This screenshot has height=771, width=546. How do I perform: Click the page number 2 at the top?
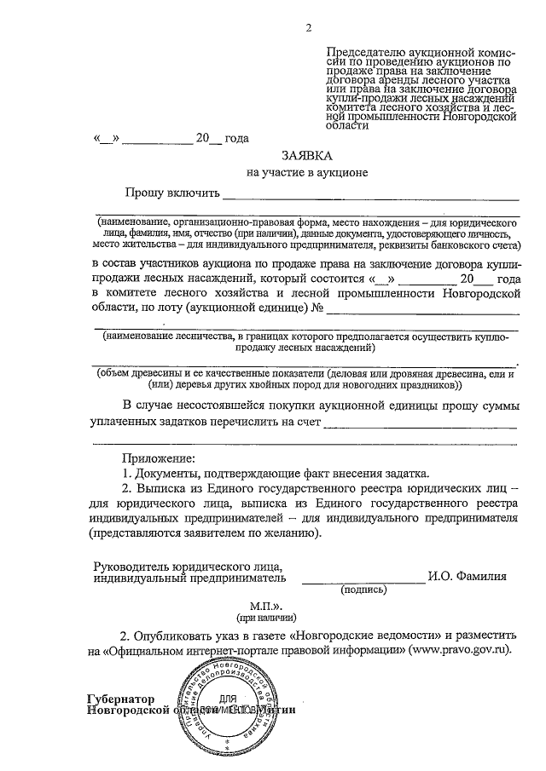pos(308,31)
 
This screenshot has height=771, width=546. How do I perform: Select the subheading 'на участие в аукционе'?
pos(307,173)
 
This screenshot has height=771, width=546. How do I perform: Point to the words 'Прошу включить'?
pos(171,193)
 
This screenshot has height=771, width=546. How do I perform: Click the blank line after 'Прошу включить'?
pos(370,199)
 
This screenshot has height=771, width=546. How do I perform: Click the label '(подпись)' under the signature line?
pos(363,590)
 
